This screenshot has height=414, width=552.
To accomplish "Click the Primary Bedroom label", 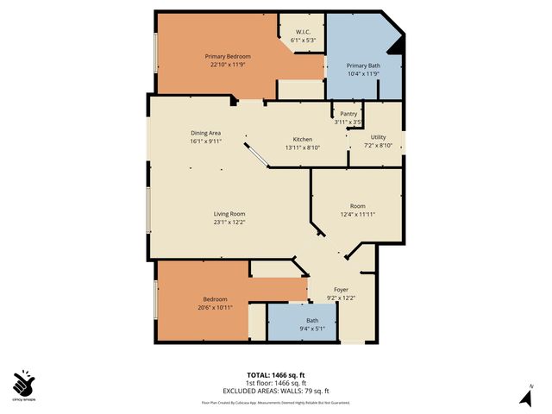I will coord(228,56).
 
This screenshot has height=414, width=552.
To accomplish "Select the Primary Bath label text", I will coord(364,66).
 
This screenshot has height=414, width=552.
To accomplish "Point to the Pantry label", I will coord(348,114).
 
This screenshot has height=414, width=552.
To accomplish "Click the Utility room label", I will coord(379,137).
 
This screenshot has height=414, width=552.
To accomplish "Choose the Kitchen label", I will coord(302,139).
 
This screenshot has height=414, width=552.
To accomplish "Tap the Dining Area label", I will coord(206,133).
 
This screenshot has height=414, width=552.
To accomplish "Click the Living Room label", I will coord(230,214).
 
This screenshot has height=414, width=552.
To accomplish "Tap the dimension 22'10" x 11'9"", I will coord(228,65).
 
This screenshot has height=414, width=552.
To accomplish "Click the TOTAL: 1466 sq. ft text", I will coord(275,375).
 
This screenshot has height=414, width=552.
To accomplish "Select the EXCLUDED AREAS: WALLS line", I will coord(276,391).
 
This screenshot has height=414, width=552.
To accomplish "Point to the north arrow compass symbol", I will coord(524,396).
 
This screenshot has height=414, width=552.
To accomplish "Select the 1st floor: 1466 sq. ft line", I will coord(276,383).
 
